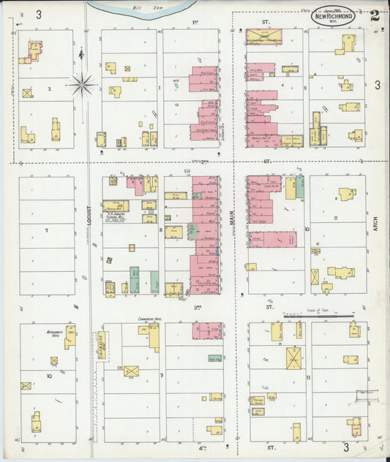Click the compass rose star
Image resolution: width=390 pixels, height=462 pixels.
(x=82, y=85)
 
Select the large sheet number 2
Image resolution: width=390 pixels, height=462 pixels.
(x=375, y=15)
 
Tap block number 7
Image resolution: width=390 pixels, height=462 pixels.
(x=46, y=231)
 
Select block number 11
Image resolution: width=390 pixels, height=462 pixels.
(x=308, y=377)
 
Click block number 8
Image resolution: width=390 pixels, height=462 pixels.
(x=160, y=230)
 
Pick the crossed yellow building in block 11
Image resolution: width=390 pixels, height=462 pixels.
(x=295, y=357)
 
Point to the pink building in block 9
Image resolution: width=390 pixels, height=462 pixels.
(x=206, y=331)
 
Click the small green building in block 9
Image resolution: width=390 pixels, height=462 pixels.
(x=214, y=358)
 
